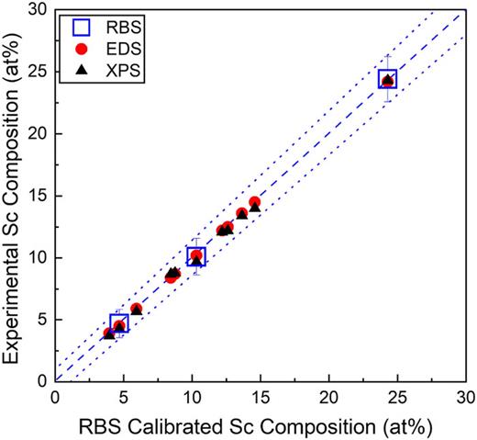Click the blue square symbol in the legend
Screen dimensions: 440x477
coord(83,27)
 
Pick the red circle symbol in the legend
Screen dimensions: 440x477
coord(83,49)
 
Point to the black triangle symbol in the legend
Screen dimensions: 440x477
coord(83,70)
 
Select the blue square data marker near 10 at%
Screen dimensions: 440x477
coord(195,256)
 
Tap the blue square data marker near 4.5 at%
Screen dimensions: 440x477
coord(118,323)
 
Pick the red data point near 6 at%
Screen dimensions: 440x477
coord(137,309)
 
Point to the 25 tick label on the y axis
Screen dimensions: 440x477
coord(35,72)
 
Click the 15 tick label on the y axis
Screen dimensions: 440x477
coord(35,195)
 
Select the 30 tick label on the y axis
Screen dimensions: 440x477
coord(35,10)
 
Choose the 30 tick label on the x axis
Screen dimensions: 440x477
coord(464,398)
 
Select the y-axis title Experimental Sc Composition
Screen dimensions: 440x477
coord(12,193)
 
